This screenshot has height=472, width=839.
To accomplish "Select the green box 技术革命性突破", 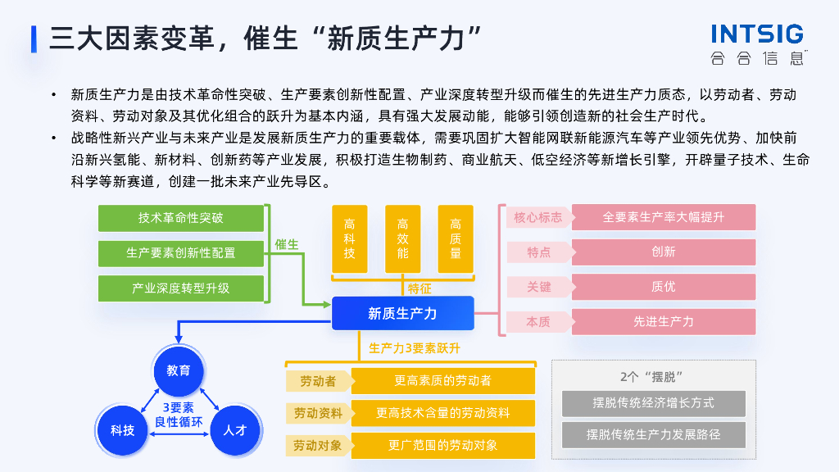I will [181, 218].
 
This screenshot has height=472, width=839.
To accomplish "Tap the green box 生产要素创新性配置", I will [181, 253].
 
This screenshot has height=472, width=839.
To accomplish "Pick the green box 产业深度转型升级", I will [181, 288].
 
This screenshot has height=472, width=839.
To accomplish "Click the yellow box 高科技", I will [350, 238].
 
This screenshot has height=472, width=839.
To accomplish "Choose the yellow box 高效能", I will [402, 238].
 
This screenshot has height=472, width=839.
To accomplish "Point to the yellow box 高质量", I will [456, 238].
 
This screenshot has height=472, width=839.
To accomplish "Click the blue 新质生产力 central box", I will [402, 313].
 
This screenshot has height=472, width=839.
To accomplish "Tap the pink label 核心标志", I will [537, 217].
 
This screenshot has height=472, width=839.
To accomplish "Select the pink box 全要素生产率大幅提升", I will [664, 217].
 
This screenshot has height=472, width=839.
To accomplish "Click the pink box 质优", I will [664, 287].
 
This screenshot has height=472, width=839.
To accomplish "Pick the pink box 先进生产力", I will [664, 321].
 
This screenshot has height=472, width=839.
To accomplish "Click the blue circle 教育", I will [179, 370].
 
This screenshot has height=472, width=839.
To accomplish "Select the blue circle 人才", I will [235, 429].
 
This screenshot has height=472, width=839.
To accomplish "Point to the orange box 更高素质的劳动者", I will [442, 381].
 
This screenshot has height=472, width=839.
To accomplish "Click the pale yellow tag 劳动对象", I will [318, 446].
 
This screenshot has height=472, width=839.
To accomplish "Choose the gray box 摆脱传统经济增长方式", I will [653, 403].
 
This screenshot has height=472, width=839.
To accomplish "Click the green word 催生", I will [287, 244].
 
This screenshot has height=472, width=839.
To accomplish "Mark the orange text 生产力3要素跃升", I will [415, 348].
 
